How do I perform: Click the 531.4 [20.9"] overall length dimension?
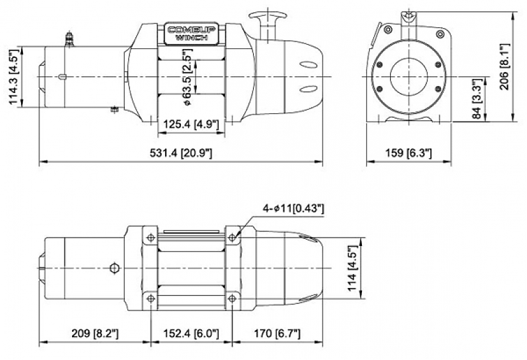pos(182,154)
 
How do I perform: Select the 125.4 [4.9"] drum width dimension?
pos(190,124)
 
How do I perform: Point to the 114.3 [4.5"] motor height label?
pos(13,76)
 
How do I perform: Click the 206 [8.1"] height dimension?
pos(505,67)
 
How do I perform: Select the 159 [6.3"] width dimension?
pos(408,154)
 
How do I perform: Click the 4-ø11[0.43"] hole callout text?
pos(293,208)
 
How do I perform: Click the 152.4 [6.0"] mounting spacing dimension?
pos(191,333)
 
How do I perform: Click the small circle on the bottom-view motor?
pos(115,268)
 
